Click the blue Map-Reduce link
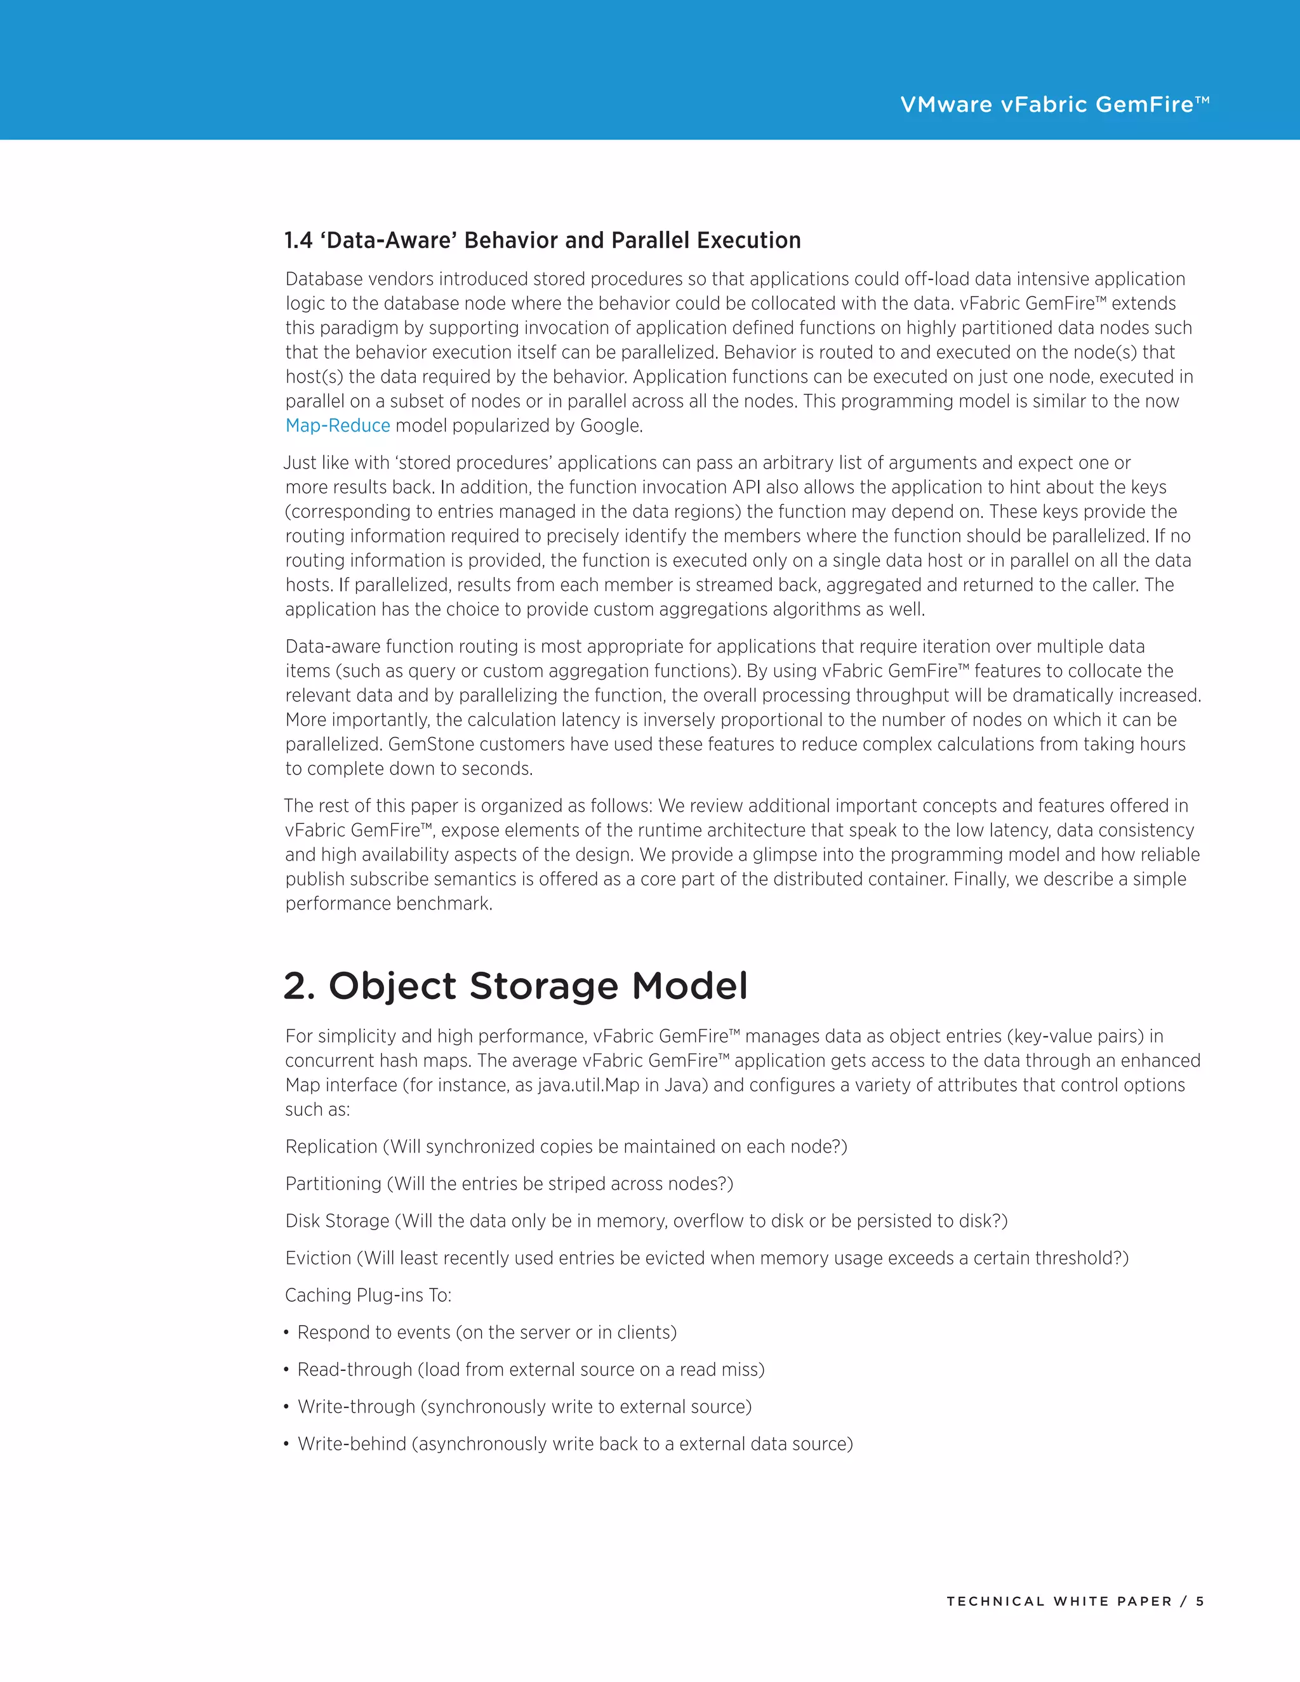337,426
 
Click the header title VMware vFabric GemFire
1054,105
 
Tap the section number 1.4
298,241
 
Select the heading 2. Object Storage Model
515,986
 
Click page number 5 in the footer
1199,1601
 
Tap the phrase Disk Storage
337,1221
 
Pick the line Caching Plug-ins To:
368,1295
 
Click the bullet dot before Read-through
286,1370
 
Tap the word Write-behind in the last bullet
352,1444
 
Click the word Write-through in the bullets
356,1407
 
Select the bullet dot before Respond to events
286,1333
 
